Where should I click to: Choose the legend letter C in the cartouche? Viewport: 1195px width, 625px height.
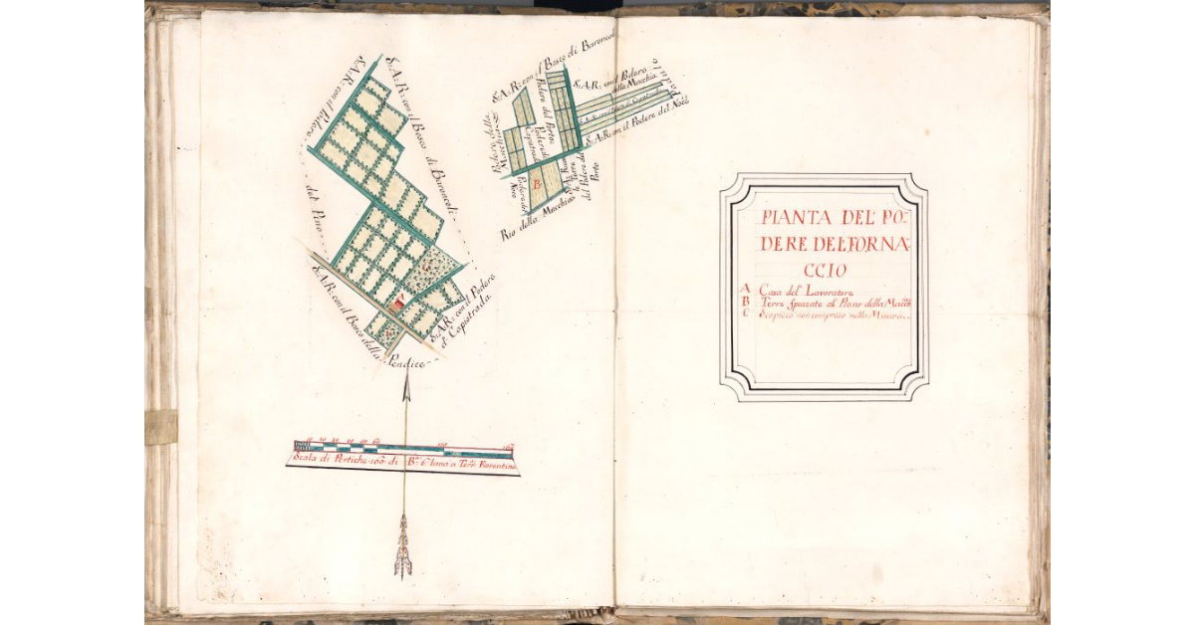[747, 314]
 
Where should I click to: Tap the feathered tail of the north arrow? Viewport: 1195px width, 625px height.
[403, 547]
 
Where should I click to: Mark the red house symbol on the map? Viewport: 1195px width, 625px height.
[395, 305]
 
